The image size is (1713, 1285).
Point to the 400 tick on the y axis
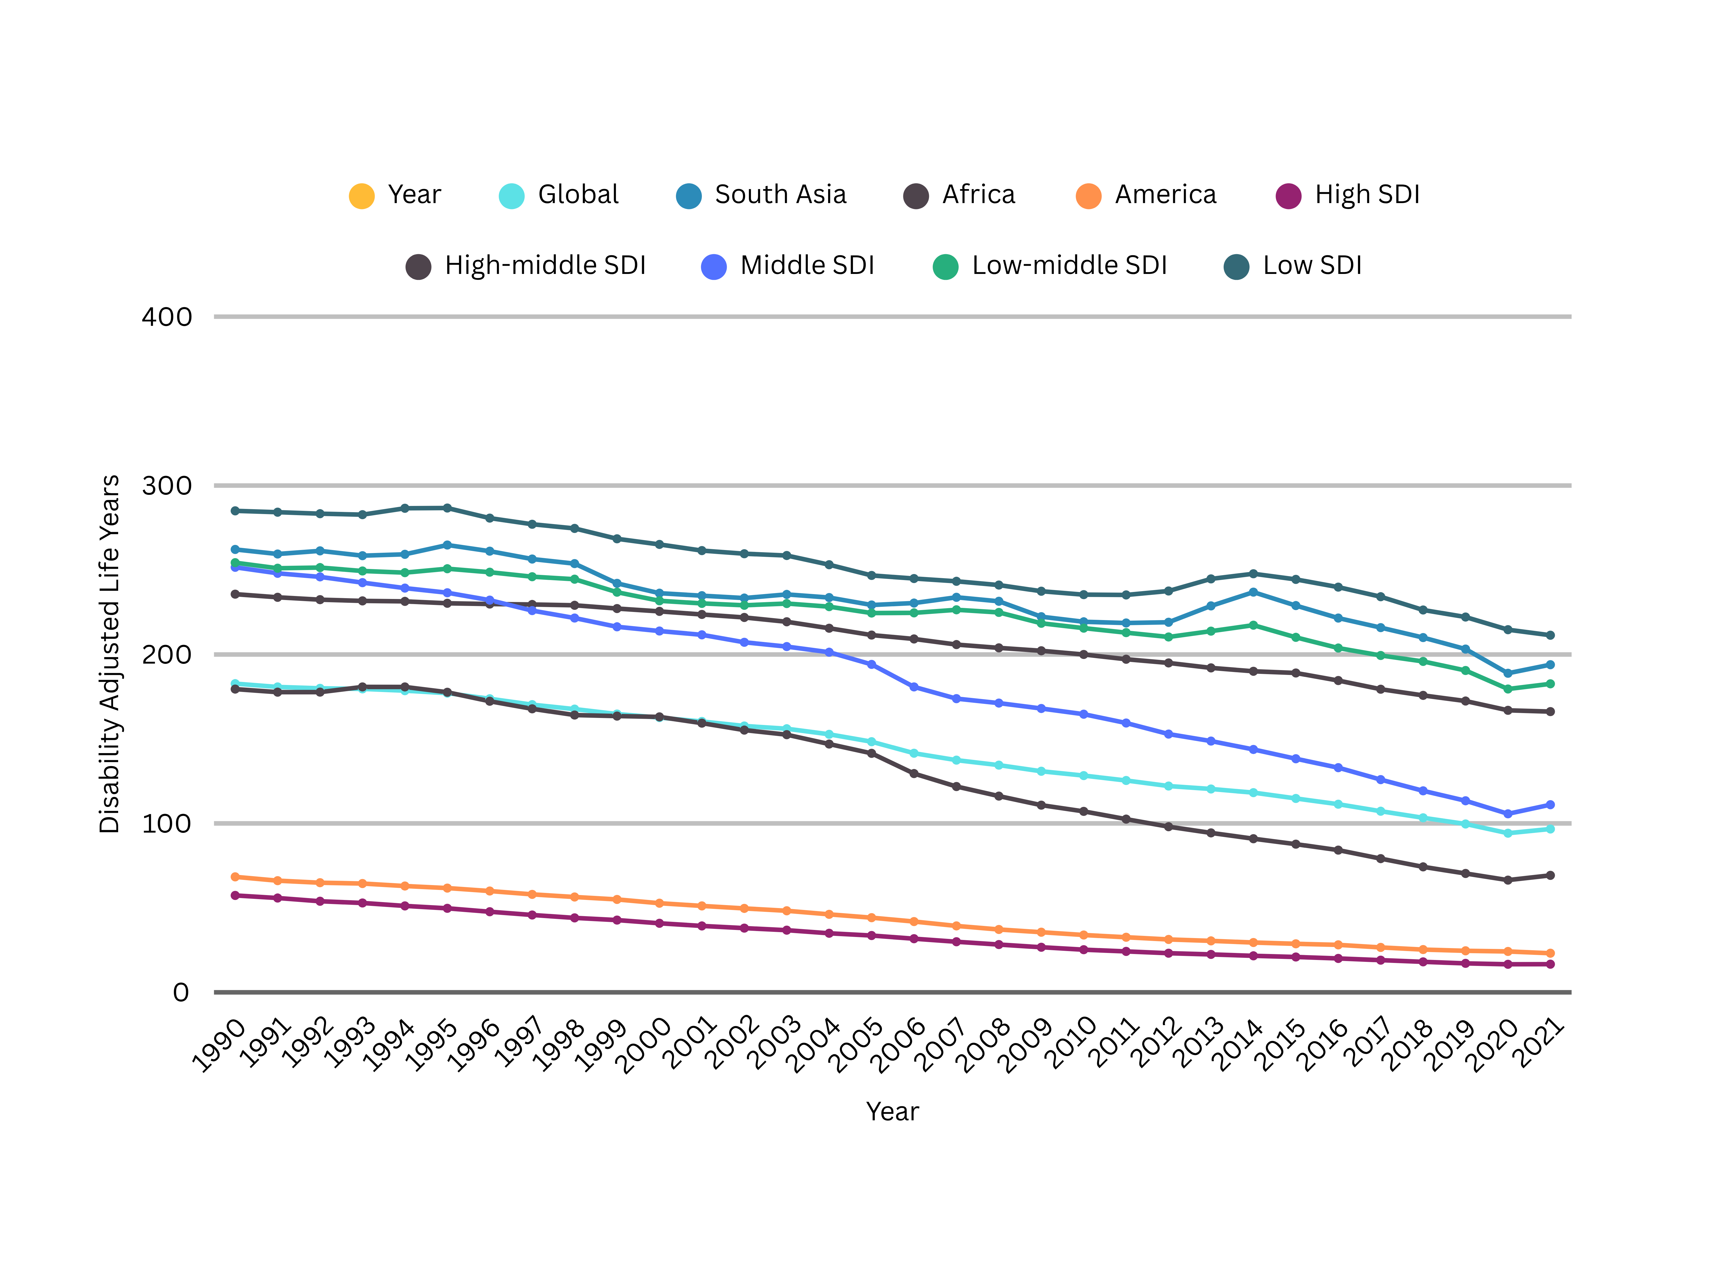167,317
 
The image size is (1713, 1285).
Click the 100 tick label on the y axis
167,823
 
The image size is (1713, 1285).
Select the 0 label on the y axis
180,992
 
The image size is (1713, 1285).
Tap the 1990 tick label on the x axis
219,1046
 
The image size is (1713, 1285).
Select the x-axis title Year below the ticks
892,1111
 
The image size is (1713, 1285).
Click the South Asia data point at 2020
1508,673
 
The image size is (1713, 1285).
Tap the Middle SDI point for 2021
1550,805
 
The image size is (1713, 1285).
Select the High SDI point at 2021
1550,964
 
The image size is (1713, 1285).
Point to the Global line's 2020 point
1508,833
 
